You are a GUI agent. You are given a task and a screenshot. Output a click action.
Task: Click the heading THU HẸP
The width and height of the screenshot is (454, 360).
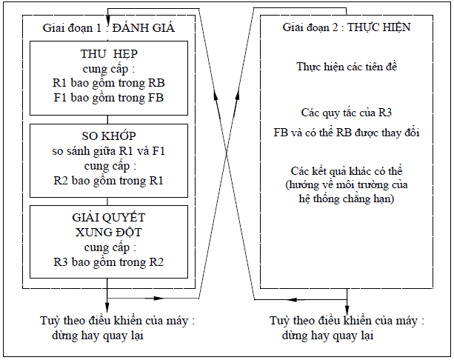pyautogui.click(x=108, y=54)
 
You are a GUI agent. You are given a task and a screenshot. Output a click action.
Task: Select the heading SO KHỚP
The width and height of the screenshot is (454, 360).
pyautogui.click(x=108, y=137)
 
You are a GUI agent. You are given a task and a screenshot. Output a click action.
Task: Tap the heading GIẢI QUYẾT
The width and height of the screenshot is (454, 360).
pyautogui.click(x=108, y=219)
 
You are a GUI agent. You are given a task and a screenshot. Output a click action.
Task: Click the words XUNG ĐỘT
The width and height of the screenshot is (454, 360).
pyautogui.click(x=108, y=233)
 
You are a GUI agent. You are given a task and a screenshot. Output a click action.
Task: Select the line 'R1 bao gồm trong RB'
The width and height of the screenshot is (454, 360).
pyautogui.click(x=108, y=82)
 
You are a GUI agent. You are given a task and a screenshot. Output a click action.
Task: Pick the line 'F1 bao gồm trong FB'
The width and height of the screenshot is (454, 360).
pyautogui.click(x=108, y=97)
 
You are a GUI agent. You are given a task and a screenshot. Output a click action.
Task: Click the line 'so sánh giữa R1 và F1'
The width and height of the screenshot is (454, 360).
pyautogui.click(x=108, y=151)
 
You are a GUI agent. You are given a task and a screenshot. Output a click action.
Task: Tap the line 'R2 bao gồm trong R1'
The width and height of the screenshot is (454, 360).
pyautogui.click(x=108, y=180)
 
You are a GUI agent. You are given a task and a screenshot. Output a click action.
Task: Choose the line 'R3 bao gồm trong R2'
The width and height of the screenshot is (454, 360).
pyautogui.click(x=108, y=262)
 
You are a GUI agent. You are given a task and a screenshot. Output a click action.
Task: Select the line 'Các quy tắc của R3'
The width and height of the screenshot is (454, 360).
pyautogui.click(x=347, y=113)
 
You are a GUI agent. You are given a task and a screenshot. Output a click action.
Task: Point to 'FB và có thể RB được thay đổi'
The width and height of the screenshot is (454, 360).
pyautogui.click(x=347, y=133)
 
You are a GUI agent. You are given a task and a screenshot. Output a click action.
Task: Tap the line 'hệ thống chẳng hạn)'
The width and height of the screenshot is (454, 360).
pyautogui.click(x=347, y=199)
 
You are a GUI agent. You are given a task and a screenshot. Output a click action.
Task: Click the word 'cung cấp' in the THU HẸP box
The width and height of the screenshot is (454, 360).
pyautogui.click(x=108, y=68)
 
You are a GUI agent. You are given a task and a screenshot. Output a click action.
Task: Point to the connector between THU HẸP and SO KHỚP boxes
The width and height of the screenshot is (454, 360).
pyautogui.click(x=108, y=118)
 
